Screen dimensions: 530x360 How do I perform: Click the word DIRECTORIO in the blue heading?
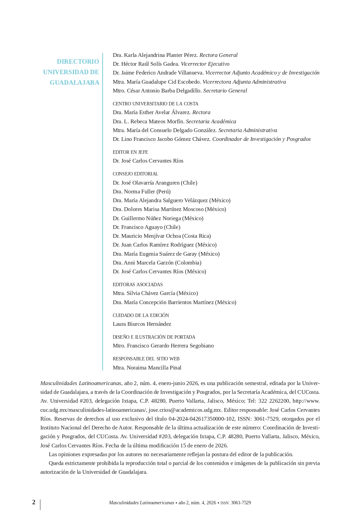tap(78, 62)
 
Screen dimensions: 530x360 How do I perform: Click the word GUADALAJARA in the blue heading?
tap(75, 83)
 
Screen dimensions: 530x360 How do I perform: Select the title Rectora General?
tap(218, 55)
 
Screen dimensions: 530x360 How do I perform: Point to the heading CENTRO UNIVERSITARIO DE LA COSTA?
tap(155, 104)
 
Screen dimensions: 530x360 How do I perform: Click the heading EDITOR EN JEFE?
tap(130, 152)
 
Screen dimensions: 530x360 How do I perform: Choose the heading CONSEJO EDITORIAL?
tap(135, 174)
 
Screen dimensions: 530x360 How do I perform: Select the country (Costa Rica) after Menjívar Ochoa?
tap(196, 236)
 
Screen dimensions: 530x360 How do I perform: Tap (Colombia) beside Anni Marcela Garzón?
tap(188, 263)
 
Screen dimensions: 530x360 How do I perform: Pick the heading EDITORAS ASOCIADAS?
tap(137, 284)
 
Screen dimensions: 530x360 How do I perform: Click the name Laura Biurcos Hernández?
tap(142, 324)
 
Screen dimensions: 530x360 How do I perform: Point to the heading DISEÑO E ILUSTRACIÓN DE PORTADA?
tap(154, 337)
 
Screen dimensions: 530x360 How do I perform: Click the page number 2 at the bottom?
tap(34, 502)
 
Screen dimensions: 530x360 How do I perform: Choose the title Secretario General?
tap(225, 91)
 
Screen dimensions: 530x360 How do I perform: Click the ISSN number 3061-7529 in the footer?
tap(241, 503)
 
